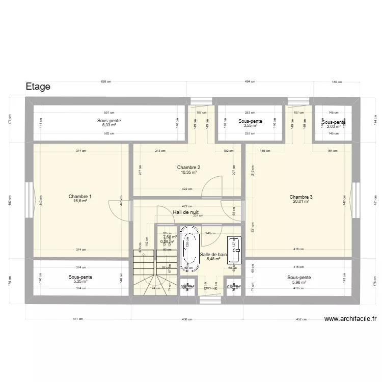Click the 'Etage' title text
(x=38, y=87)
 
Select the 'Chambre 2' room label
(x=188, y=168)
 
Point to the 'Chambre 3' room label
(x=301, y=197)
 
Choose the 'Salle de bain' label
(x=213, y=254)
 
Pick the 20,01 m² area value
(x=301, y=202)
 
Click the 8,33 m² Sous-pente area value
(x=109, y=125)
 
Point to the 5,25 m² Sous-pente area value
(x=80, y=282)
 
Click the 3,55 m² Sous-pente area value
(x=250, y=125)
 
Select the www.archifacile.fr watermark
(x=350, y=319)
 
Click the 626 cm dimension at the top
(x=105, y=81)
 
